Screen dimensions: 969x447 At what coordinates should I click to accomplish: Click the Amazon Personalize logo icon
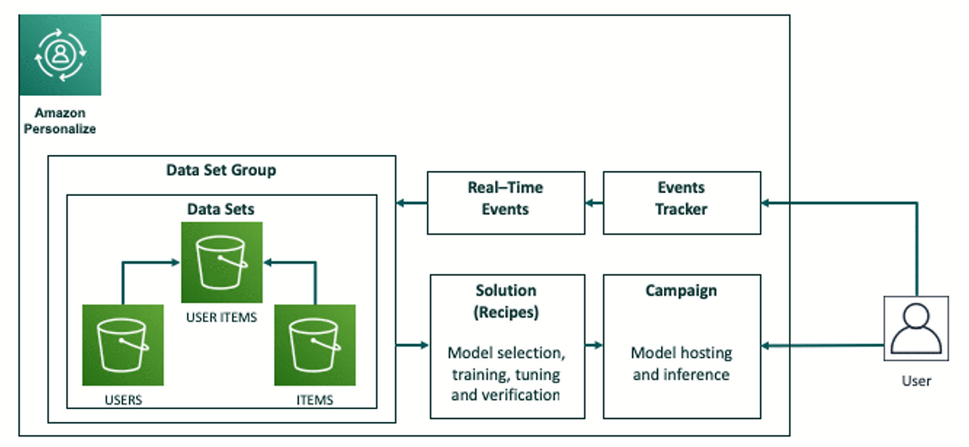60,55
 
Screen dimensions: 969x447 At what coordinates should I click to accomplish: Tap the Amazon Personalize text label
60,120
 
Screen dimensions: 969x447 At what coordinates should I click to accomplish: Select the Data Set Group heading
221,170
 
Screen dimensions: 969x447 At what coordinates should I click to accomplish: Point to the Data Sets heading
220,210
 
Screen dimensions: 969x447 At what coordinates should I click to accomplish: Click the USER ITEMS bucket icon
222,262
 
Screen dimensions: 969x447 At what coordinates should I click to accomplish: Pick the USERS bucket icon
123,345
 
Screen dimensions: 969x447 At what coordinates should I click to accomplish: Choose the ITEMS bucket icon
315,345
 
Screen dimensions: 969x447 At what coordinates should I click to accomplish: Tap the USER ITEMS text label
222,318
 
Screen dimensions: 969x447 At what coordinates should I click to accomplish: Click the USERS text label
123,400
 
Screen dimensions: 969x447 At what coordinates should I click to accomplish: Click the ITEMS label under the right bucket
315,400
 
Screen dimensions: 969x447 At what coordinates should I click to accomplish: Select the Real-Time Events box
506,203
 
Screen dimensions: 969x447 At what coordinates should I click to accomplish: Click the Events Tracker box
682,203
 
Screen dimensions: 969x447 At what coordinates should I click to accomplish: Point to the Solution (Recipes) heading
506,301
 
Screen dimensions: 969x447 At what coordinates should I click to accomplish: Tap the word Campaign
681,290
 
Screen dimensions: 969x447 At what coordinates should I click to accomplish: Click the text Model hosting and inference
681,364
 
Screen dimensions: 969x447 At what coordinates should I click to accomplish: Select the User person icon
916,328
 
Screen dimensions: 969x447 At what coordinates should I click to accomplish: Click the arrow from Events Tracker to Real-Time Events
594,203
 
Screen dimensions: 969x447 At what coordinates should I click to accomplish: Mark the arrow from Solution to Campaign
594,345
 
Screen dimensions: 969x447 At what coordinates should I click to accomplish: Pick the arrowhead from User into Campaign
765,346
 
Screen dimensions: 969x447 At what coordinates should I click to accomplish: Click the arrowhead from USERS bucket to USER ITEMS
176,262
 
